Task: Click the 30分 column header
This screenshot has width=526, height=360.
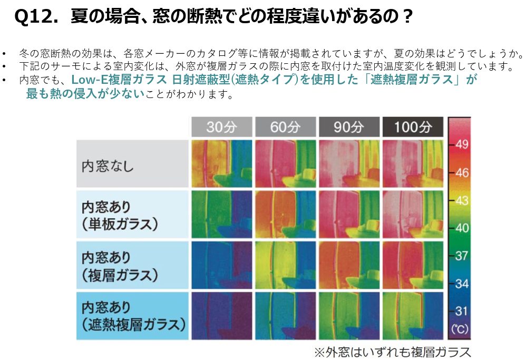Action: (x=221, y=127)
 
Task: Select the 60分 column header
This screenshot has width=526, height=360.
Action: (x=285, y=127)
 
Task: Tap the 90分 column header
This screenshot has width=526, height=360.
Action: (x=349, y=127)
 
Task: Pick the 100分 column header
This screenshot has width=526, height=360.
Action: (x=413, y=127)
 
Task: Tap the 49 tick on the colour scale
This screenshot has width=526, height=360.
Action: (x=461, y=145)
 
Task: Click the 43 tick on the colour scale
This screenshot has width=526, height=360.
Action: (x=461, y=200)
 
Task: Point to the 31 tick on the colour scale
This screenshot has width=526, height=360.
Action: (x=461, y=310)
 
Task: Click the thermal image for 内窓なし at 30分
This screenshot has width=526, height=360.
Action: (x=221, y=163)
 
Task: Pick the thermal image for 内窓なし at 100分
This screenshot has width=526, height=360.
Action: (x=413, y=163)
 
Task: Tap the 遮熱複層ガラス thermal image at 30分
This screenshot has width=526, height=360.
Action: (x=221, y=315)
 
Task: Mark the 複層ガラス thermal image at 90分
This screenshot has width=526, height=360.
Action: (x=349, y=265)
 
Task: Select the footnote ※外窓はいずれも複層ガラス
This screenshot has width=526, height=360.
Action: (x=392, y=352)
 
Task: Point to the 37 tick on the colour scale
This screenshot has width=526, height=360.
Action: (x=461, y=256)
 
